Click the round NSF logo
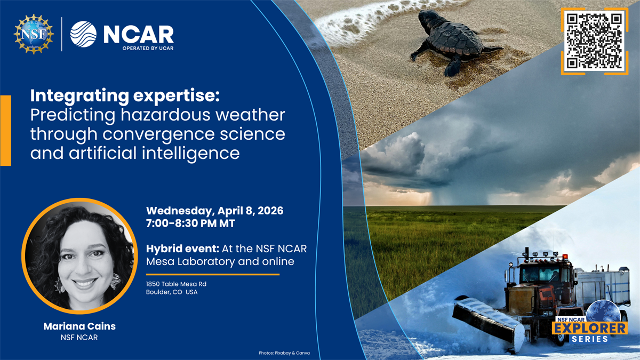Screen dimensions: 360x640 tap(34, 34)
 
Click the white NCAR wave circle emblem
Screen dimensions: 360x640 tap(83, 34)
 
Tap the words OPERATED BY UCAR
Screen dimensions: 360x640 tap(147, 47)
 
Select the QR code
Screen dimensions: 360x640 tap(594, 41)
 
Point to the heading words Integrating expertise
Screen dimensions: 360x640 tap(125, 96)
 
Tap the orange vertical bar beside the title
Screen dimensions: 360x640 tap(5, 130)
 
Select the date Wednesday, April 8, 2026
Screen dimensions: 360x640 tap(215, 211)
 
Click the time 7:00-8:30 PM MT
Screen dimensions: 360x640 tap(190, 224)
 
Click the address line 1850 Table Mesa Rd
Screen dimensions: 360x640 tap(177, 284)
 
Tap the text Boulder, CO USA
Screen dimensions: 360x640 tap(172, 292)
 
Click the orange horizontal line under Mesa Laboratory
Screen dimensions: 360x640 tap(213, 275)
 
